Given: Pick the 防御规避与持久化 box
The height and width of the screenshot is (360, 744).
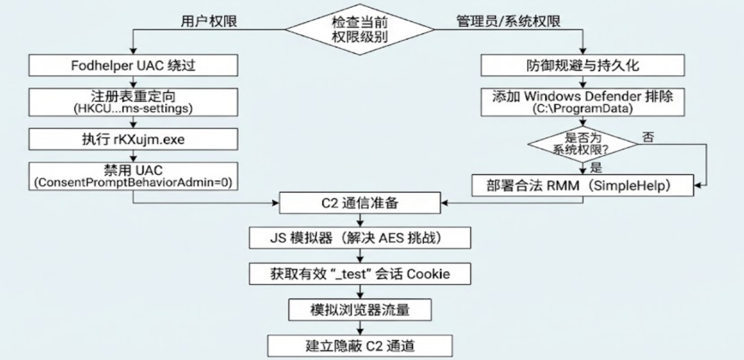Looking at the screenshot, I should pyautogui.click(x=583, y=66).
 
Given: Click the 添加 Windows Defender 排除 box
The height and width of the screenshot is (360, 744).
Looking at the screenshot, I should pyautogui.click(x=583, y=102).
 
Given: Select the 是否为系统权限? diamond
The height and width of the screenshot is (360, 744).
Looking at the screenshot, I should pyautogui.click(x=583, y=145).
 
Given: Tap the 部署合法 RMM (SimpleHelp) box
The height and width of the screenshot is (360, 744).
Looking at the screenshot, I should pyautogui.click(x=583, y=186).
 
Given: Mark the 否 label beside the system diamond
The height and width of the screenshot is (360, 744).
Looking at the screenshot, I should pyautogui.click(x=646, y=136).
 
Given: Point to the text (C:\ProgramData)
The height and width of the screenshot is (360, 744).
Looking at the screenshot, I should pyautogui.click(x=583, y=110).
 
